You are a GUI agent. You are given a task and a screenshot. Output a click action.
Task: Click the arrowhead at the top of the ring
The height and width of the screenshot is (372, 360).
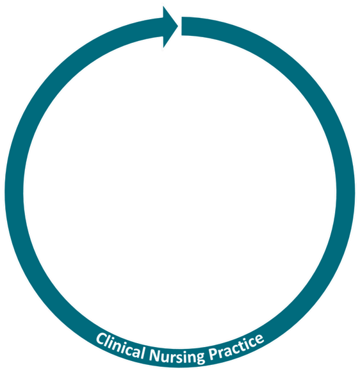click(170, 26)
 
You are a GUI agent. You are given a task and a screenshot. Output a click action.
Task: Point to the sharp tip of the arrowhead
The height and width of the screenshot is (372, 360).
click(178, 26)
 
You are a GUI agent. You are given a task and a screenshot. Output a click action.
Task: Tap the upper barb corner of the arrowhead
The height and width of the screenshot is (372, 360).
click(163, 6)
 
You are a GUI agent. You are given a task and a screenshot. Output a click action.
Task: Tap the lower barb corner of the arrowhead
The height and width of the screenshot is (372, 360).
click(163, 47)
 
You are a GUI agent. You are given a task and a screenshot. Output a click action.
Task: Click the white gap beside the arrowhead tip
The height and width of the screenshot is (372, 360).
click(180, 26)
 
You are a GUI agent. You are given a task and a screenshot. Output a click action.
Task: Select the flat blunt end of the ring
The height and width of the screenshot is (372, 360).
click(182, 26)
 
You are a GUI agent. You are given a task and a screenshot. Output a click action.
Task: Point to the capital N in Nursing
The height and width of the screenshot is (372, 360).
click(156, 355)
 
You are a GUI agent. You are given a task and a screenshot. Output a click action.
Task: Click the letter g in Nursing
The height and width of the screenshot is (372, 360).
click(200, 357)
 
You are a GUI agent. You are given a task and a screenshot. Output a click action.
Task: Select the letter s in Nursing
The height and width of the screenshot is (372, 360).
click(181, 357)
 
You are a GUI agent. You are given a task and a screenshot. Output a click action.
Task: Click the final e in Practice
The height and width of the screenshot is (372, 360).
click(259, 339)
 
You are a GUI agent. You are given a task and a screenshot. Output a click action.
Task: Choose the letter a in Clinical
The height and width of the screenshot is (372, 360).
click(135, 351)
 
